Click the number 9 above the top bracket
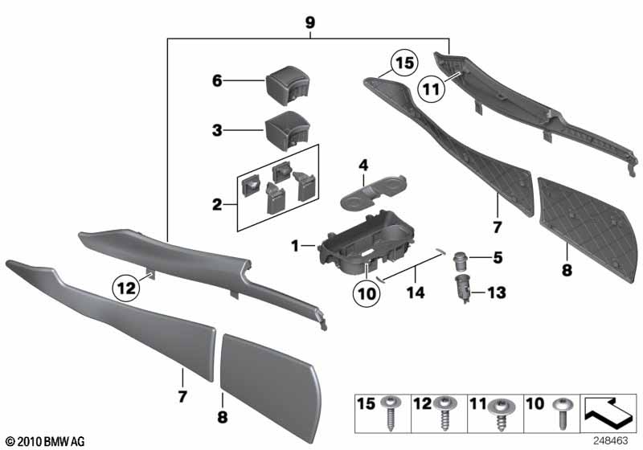point(309,24)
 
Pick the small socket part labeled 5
point(461,258)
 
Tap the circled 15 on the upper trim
point(403,62)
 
